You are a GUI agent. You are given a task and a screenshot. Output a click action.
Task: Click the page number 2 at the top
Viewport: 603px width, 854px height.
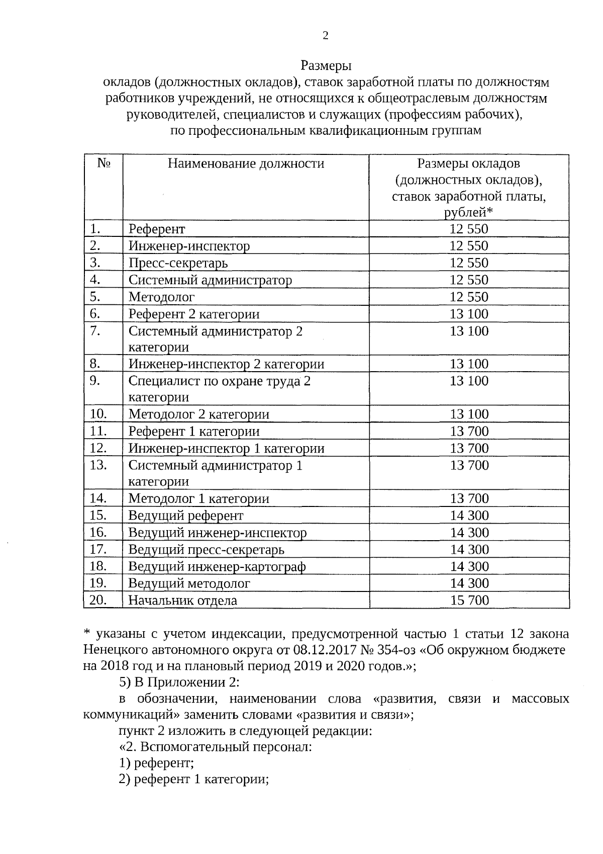coord(325,35)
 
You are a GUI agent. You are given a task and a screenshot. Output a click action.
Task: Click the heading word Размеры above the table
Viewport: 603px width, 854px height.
coord(326,66)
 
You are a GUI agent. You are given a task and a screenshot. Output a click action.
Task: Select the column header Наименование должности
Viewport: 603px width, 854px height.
coord(246,163)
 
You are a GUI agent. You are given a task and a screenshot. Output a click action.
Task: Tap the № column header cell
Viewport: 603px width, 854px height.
coord(104,163)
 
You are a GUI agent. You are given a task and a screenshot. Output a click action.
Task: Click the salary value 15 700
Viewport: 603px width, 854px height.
coord(469,600)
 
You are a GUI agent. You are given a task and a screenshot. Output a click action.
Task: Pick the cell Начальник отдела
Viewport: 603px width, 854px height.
coord(182,600)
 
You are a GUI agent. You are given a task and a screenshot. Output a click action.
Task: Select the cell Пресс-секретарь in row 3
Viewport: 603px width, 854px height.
coord(178,263)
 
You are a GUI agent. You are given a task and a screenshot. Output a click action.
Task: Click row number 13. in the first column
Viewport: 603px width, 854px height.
coord(98,465)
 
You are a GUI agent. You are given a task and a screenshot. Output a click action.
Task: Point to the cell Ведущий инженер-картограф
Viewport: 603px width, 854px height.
coord(217,566)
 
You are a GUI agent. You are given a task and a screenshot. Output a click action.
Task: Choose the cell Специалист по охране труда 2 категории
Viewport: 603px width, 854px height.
coord(220,389)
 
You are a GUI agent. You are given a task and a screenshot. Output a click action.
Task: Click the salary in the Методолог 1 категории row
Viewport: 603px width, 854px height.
coord(469,498)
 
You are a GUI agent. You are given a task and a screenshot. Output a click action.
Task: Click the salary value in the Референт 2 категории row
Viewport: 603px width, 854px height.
coord(469,314)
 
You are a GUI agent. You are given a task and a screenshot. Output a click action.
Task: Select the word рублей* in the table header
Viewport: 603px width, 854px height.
coord(468,212)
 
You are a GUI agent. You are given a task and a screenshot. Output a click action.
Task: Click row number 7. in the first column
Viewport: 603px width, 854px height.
coord(96,331)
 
